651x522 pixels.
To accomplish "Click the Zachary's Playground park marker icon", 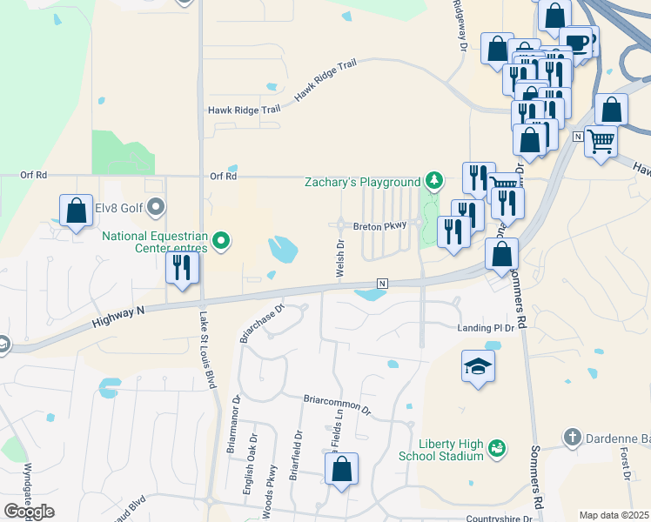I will click(433, 181).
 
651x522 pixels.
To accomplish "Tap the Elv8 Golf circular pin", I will click(157, 207).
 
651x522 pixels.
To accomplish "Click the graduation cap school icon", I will click(478, 367).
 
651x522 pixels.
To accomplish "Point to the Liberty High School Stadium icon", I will click(497, 449).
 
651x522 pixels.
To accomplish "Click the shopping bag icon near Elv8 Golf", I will click(76, 211).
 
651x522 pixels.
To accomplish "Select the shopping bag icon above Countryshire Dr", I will click(342, 470).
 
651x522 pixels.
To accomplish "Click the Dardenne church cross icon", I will click(572, 437).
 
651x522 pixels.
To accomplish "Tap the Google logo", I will click(29, 512).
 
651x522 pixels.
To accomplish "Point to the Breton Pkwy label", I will click(379, 226).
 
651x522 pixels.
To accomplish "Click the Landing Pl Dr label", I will click(487, 328).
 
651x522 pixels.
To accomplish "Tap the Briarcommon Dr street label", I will click(337, 405).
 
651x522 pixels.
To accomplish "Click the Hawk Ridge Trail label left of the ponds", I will click(244, 110).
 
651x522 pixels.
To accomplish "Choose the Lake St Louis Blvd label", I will click(208, 349).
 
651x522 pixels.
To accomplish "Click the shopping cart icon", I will click(601, 140).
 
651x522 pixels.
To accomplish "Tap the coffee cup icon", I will click(575, 41).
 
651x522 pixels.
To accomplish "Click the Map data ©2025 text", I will click(614, 515).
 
